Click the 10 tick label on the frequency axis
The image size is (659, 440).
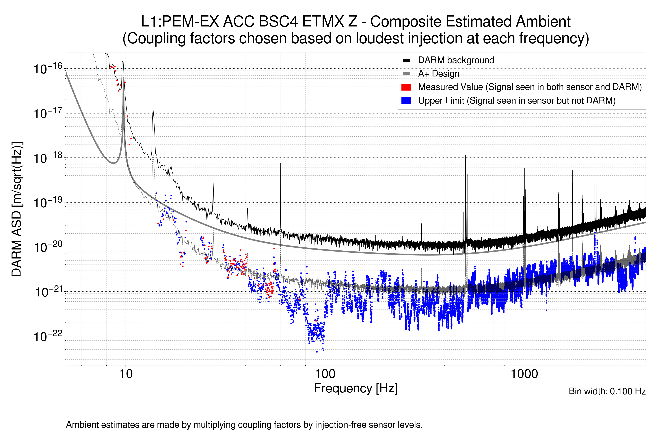pyautogui.click(x=126, y=374)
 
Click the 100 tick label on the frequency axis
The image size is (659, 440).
pyautogui.click(x=325, y=374)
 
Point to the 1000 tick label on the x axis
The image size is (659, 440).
pyautogui.click(x=524, y=374)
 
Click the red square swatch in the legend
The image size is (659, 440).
pyautogui.click(x=406, y=87)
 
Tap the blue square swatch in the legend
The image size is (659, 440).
pyautogui.click(x=406, y=100)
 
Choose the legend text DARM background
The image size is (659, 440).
pyautogui.click(x=456, y=60)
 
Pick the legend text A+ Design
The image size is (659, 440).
pyautogui.click(x=438, y=74)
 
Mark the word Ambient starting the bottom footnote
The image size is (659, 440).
pyautogui.click(x=82, y=425)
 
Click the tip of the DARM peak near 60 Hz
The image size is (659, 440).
pyautogui.click(x=280, y=164)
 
